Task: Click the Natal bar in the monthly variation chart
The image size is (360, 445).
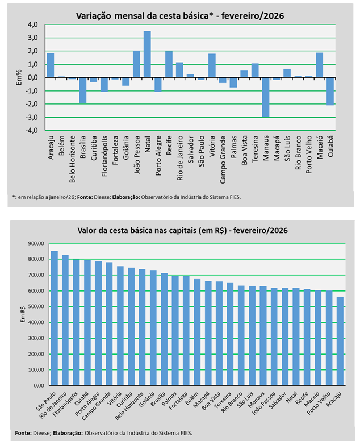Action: [x=147, y=54]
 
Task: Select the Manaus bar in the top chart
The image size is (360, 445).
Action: [x=265, y=97]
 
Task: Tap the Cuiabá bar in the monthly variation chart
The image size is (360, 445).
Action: [x=330, y=91]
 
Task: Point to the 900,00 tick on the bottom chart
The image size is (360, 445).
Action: [x=36, y=243]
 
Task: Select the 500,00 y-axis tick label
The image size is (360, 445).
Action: [x=36, y=306]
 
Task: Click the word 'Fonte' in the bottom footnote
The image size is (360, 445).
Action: [x=23, y=433]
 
